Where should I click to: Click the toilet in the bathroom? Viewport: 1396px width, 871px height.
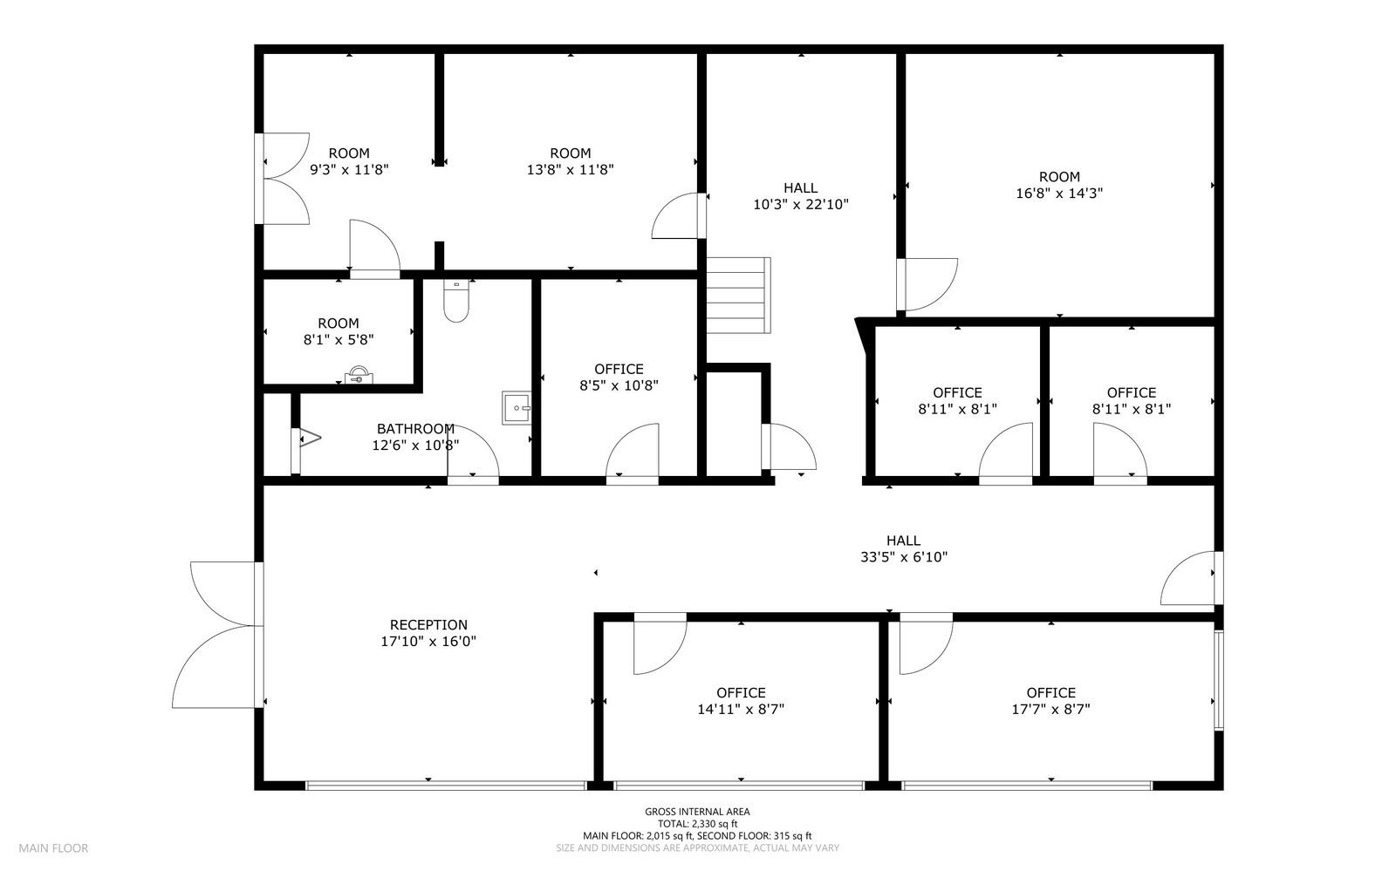455,301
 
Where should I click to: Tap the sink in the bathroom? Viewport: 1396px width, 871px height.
516,408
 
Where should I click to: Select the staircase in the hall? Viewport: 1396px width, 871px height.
738,295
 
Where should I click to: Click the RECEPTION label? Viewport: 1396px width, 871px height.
428,624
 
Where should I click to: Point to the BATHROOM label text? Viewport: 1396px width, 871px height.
415,428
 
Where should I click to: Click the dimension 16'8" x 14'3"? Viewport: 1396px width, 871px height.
1059,193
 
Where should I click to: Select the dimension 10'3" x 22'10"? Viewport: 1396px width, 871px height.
801,204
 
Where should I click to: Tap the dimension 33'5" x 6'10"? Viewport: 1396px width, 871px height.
904,557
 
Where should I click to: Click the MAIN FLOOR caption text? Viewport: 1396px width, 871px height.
53,848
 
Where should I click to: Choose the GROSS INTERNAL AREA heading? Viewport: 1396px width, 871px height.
697,812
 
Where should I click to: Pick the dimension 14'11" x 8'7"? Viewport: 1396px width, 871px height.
741,709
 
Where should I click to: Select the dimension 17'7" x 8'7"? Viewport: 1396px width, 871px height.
1050,709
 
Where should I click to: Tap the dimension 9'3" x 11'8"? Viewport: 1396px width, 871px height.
349,169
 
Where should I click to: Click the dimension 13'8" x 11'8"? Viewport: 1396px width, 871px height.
571,169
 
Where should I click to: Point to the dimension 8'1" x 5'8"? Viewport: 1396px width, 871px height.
339,340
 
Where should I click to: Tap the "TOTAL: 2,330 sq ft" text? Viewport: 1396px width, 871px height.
697,824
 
